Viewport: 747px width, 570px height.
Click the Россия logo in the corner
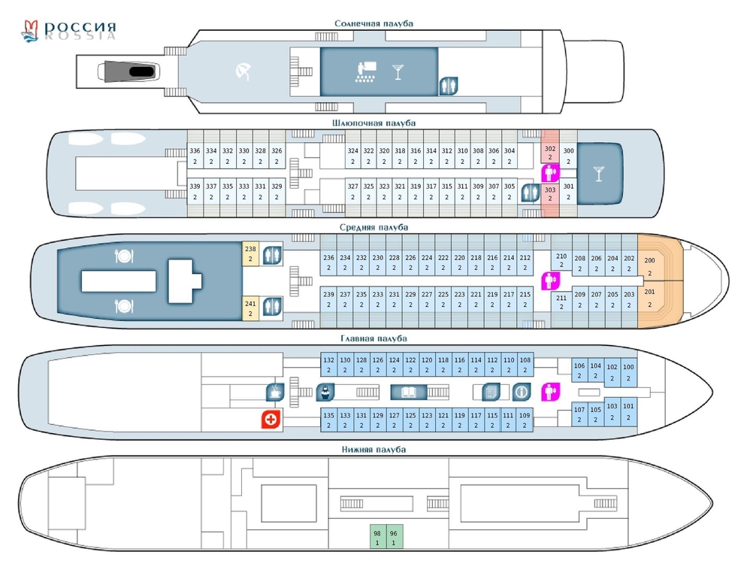69,29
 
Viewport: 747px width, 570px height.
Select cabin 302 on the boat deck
550,153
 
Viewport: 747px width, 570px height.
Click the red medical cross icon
271,420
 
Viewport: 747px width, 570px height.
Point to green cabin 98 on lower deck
377,537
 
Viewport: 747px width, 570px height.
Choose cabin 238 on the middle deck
251,253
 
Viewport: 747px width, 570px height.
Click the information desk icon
522,392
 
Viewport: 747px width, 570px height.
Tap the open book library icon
408,392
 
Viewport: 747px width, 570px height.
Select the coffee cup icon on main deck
274,392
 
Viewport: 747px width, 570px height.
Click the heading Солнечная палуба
373,23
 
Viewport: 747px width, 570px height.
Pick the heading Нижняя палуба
373,450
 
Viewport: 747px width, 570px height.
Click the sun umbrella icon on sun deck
243,72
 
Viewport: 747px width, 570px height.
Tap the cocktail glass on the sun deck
397,72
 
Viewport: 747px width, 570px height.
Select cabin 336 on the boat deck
195,155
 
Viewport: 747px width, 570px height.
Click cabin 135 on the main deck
328,420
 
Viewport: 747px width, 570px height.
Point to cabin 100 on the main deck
628,371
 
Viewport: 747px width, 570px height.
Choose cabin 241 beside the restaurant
251,308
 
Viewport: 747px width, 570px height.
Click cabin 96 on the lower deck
394,537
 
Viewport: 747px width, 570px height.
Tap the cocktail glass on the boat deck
599,173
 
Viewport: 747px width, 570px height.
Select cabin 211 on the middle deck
561,302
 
